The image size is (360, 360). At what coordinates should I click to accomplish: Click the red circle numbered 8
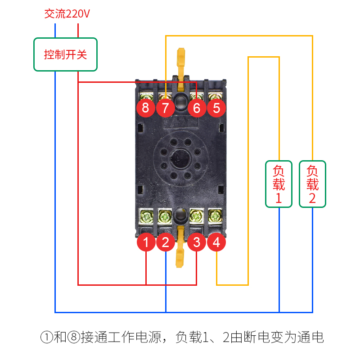tap(145, 108)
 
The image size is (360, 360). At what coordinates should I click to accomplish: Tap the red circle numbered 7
tap(165, 108)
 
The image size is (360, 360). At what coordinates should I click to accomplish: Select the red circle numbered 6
tap(197, 108)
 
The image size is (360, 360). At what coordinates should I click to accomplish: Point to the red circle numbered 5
tap(216, 108)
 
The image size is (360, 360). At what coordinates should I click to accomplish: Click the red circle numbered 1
tap(146, 243)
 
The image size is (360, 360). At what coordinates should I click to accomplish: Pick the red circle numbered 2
tap(166, 243)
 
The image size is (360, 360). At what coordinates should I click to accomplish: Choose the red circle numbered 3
tap(197, 243)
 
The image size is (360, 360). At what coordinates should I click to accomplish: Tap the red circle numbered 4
tap(216, 243)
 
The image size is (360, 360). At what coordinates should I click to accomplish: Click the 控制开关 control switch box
tap(65, 54)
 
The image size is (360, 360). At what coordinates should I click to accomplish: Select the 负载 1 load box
tap(279, 184)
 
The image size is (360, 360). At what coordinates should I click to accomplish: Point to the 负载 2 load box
tap(312, 184)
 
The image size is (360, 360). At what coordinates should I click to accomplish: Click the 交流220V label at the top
tap(67, 14)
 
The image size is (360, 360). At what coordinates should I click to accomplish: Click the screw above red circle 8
tap(146, 96)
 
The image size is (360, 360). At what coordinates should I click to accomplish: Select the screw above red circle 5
tap(216, 96)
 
